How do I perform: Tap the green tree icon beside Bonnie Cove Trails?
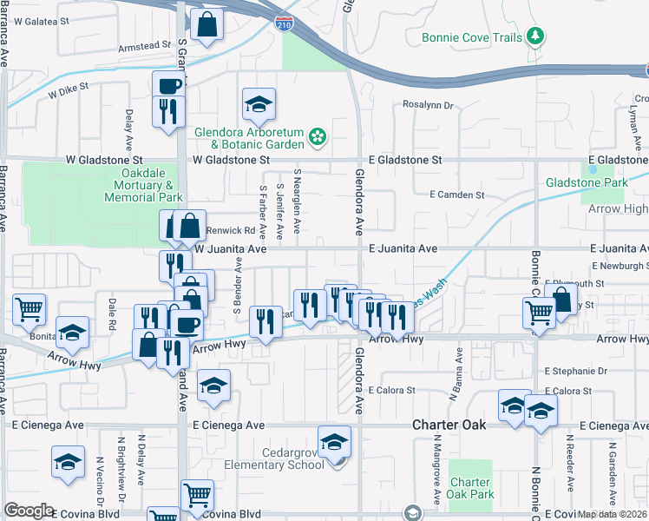tap(537, 36)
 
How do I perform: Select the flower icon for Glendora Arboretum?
tap(318, 135)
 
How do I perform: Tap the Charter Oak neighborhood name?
tap(444, 425)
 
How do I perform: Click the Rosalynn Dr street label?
tap(428, 105)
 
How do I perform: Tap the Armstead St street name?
tap(145, 45)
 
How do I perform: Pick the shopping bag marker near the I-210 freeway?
tap(207, 26)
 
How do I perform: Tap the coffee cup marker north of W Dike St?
tap(168, 86)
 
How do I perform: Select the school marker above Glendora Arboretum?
tap(259, 105)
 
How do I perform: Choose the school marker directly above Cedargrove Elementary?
tap(334, 443)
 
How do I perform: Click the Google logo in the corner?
tap(29, 511)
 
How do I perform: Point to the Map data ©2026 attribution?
tap(613, 514)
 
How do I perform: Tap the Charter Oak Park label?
tap(470, 489)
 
